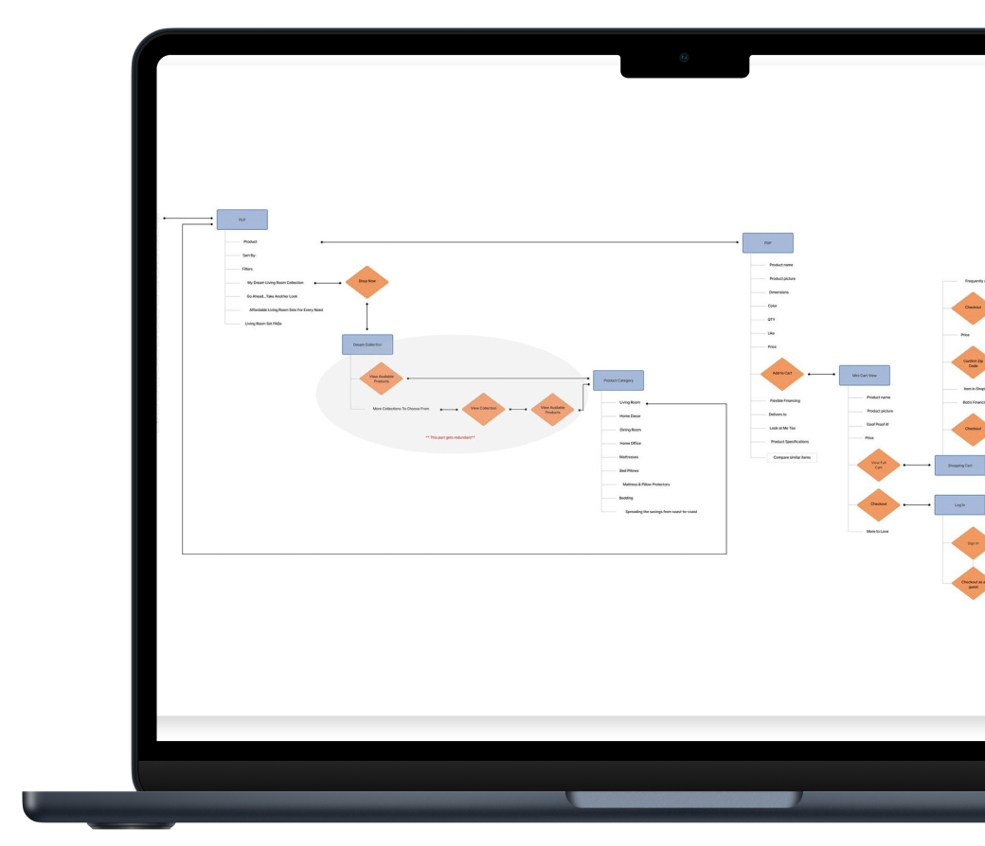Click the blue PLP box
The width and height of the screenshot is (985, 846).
click(242, 220)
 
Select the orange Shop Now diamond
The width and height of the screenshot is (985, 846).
click(367, 282)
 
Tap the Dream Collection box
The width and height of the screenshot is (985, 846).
click(367, 344)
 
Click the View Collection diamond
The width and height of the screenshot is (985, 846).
click(482, 409)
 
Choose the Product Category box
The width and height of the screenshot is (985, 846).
click(618, 380)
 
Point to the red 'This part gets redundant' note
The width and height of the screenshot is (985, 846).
click(450, 437)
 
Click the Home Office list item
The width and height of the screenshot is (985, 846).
click(630, 443)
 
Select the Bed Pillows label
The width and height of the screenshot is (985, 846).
click(630, 470)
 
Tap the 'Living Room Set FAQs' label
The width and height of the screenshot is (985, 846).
click(263, 324)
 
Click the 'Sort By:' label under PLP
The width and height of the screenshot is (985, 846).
click(250, 256)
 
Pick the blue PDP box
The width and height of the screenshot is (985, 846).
click(768, 242)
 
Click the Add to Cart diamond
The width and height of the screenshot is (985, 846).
click(781, 374)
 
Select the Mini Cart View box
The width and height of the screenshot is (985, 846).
click(865, 376)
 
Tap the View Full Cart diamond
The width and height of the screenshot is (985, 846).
click(878, 465)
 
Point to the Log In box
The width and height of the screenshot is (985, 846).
click(959, 505)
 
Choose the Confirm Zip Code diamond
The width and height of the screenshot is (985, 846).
click(973, 362)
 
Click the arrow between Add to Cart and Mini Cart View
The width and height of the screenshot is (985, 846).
click(821, 375)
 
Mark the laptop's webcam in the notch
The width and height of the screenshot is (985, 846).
click(684, 57)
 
